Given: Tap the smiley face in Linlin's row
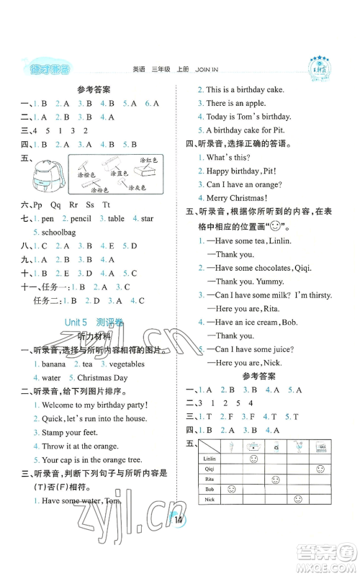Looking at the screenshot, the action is (253, 459).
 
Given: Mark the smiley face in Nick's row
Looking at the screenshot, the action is (297, 499).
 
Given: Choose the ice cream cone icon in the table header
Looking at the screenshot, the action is (231, 446).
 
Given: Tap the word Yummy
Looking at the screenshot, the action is (274, 282).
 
